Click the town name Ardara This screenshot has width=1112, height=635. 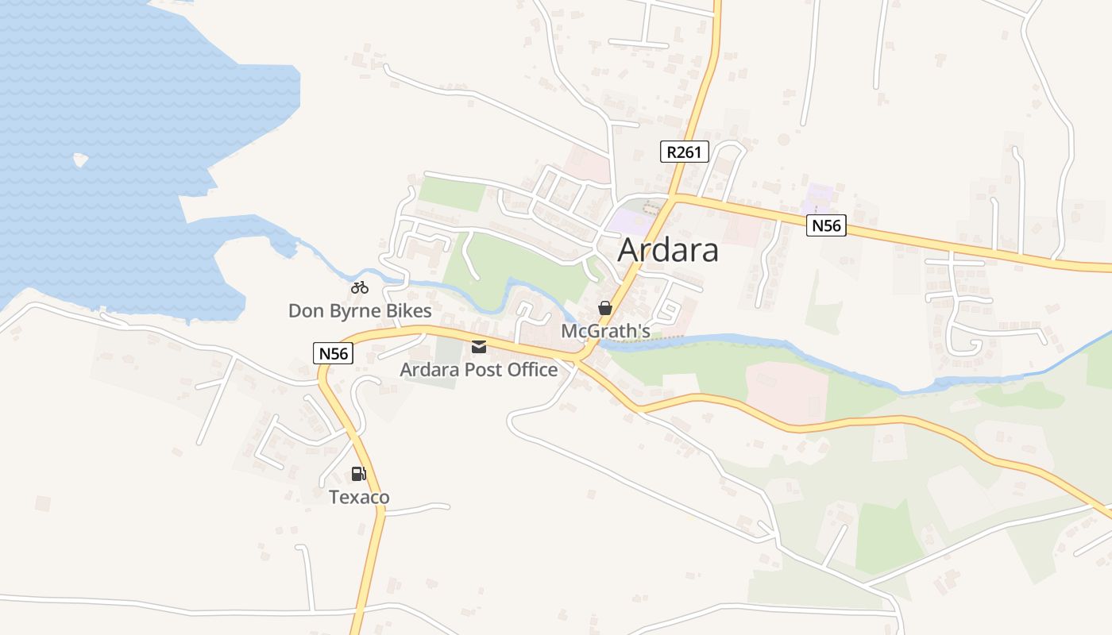point(668,250)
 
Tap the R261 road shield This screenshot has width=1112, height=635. point(684,152)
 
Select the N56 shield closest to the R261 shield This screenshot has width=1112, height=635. point(826,226)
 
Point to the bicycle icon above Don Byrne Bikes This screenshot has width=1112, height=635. point(360,287)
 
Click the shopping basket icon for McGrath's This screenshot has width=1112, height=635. point(605,307)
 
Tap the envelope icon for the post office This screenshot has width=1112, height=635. point(479,347)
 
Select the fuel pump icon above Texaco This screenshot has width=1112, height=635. point(359,474)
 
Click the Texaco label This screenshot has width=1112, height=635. point(360,498)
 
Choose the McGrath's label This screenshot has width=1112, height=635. point(605,330)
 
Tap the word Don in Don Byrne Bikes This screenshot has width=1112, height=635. point(305,311)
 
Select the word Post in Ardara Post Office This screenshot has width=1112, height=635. point(479,370)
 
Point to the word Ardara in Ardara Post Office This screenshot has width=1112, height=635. point(427,370)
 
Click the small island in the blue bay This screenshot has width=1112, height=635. point(80,160)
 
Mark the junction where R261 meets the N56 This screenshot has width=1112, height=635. point(674,195)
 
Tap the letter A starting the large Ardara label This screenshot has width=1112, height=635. point(629,250)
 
